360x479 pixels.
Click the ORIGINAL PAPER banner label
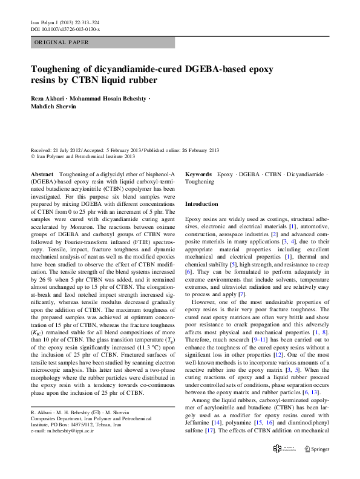tap(62, 42)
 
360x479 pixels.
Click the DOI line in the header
tap(65, 29)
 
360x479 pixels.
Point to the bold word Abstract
tap(42, 174)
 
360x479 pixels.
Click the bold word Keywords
tap(198, 174)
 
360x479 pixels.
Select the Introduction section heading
tap(201, 205)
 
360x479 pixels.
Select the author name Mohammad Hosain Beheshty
tap(111, 99)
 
